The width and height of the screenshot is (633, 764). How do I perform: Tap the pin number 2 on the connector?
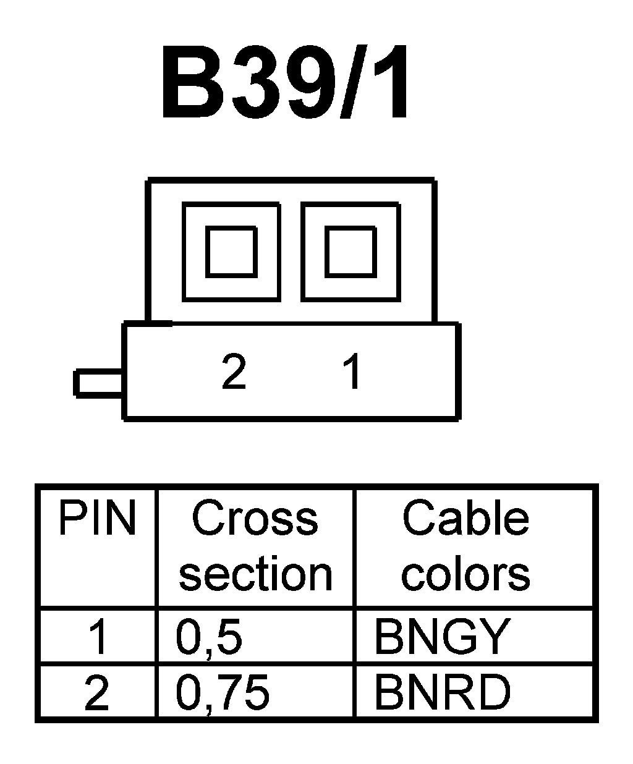234,371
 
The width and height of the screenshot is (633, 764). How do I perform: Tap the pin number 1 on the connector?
352,371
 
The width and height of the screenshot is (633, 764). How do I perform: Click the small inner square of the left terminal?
231,252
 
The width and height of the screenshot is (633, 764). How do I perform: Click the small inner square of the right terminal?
350,252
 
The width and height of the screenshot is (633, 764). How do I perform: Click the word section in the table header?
255,574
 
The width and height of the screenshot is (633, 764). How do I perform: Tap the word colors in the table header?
465,574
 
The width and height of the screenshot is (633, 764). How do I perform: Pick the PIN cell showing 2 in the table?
96,692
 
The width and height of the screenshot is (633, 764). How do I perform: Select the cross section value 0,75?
223,692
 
